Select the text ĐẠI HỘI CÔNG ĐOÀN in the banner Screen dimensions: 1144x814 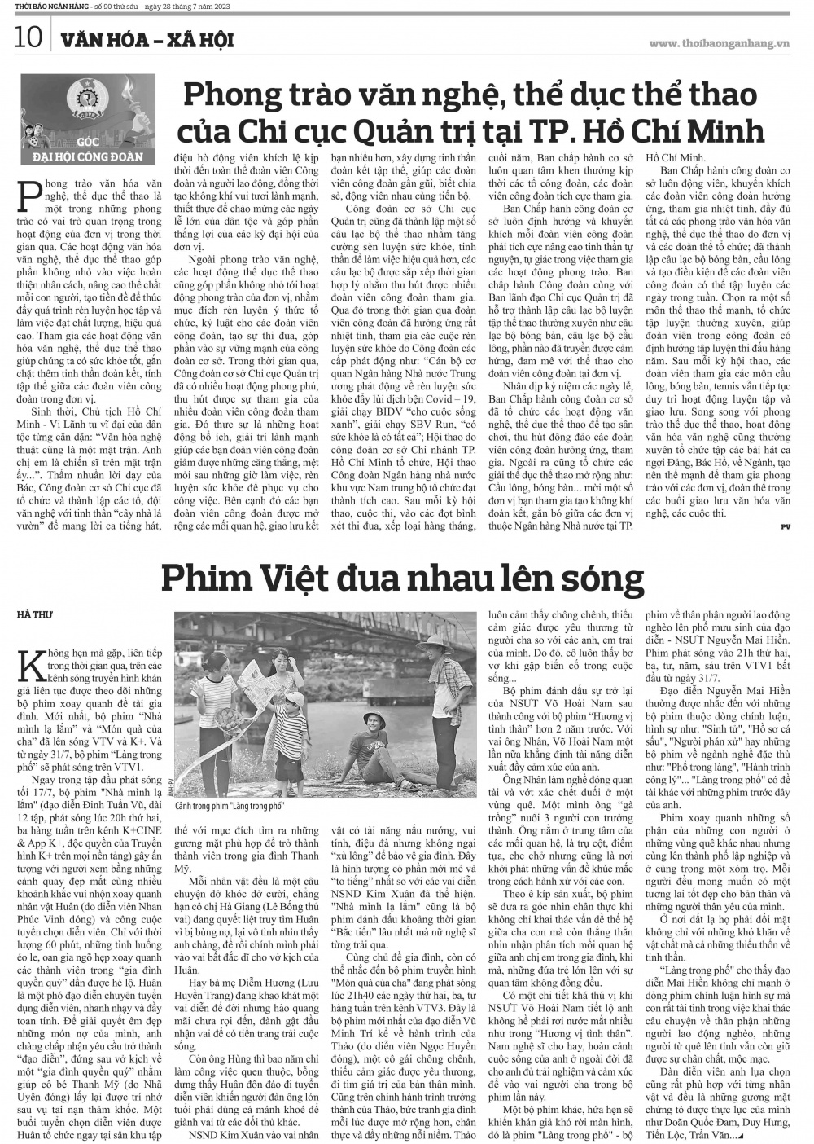81,156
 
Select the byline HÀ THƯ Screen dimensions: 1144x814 34,614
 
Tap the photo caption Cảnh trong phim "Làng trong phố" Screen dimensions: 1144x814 230,805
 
